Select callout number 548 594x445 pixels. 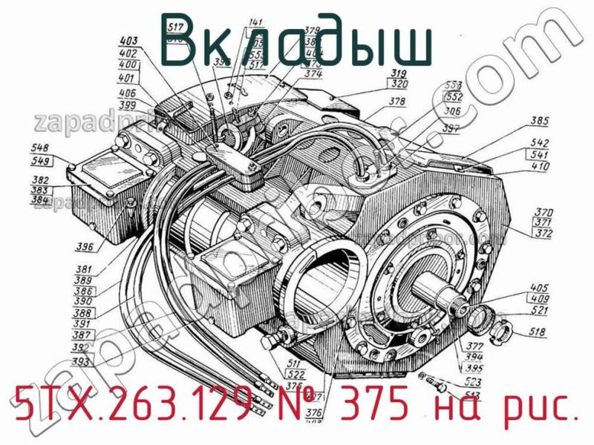click(42, 148)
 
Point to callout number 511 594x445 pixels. click(294, 364)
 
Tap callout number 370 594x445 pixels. click(544, 211)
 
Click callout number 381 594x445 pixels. click(82, 270)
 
